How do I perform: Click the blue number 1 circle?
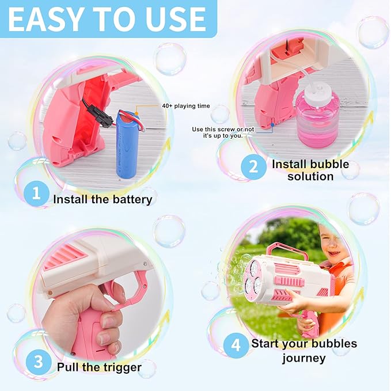[36, 194]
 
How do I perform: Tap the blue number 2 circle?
[253, 167]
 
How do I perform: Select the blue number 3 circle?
[38, 362]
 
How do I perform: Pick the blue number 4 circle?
[236, 346]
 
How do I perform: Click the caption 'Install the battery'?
[103, 200]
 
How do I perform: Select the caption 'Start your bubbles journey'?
[303, 351]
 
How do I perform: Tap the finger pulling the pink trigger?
[115, 293]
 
